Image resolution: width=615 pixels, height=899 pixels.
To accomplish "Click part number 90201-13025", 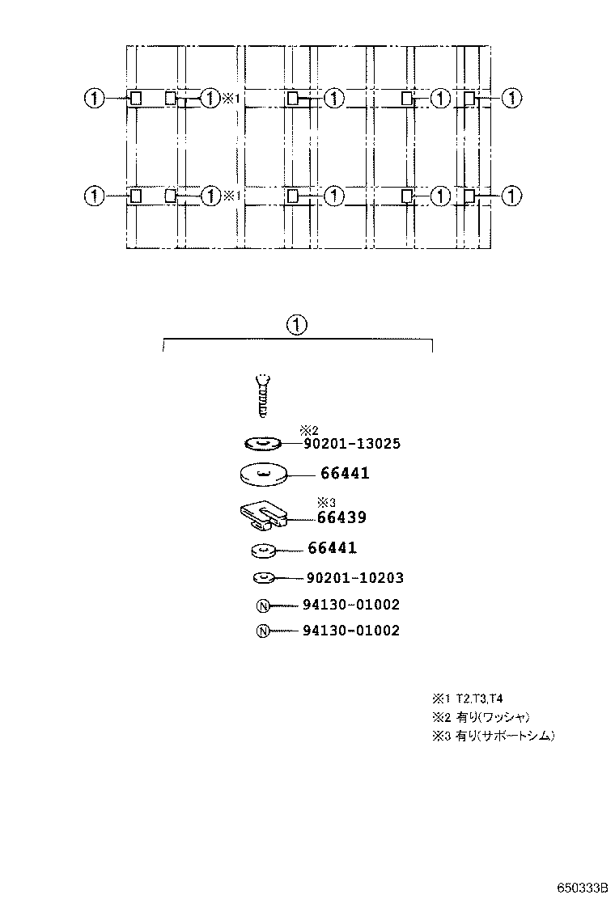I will (x=353, y=444).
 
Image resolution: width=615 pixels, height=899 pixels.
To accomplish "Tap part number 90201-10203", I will (x=354, y=578).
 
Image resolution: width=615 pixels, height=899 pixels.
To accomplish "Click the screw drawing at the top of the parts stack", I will (x=261, y=395).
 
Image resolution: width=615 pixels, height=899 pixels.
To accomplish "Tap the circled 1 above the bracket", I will (x=297, y=325).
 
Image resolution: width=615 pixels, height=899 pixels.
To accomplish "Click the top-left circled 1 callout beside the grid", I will (x=95, y=99).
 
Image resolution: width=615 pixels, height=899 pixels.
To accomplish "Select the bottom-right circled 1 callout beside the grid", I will (x=511, y=196).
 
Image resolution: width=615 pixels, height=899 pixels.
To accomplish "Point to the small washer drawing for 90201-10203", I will (x=265, y=578).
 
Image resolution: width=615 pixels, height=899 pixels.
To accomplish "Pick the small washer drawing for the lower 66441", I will (x=262, y=551).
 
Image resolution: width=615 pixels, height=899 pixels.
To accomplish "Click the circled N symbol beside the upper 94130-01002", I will (x=262, y=606).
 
